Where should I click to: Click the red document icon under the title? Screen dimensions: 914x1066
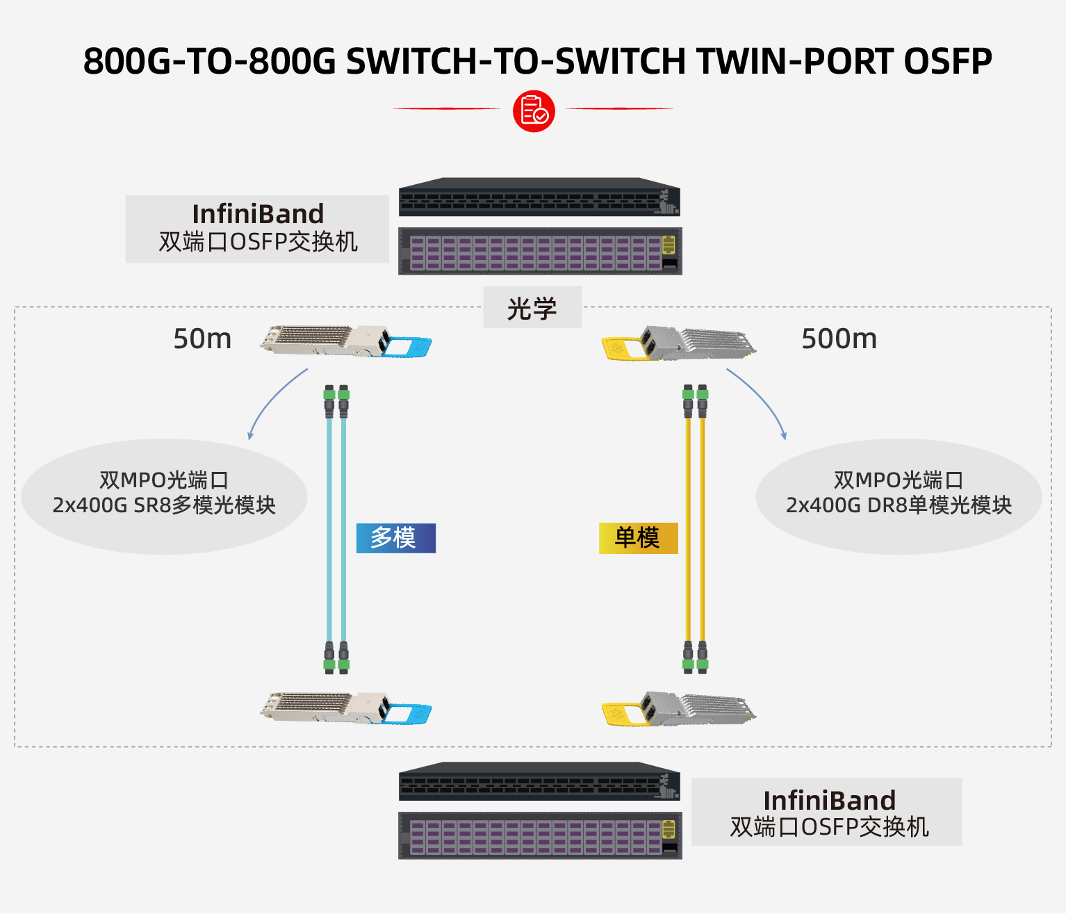coord(534,111)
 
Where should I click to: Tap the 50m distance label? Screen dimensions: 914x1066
coord(202,339)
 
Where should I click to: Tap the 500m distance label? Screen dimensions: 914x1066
coord(839,339)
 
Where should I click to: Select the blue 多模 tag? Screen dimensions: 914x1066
coord(396,538)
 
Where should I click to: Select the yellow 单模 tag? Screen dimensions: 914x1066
coord(638,538)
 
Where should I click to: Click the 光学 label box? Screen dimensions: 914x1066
coord(532,308)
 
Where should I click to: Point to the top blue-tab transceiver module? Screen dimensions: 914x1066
coord(345,341)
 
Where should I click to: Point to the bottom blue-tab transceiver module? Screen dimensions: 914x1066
coord(345,708)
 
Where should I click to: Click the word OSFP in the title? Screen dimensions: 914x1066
coord(948,61)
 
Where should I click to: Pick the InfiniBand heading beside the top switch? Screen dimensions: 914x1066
coord(258,213)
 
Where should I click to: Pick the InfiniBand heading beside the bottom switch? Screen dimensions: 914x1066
coord(829,800)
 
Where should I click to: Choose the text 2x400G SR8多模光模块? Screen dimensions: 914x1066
coord(164,505)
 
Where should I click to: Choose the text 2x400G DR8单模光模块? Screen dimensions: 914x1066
coord(899,505)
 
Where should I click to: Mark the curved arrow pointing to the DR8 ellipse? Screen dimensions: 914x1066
coord(760,400)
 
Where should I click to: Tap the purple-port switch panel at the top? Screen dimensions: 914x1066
coord(540,252)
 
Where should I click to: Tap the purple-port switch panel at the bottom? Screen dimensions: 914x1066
coord(540,835)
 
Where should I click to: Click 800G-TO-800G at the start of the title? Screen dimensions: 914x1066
coord(209,61)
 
